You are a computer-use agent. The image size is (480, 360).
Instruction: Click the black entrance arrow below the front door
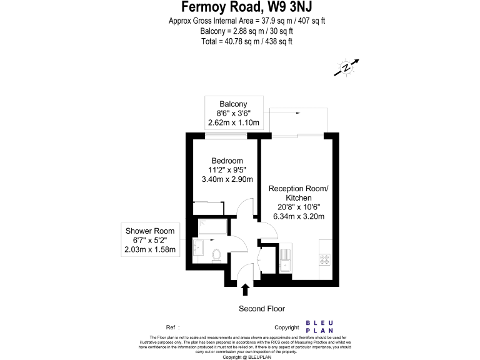(245, 289)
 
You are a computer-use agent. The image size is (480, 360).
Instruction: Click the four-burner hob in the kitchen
(325, 258)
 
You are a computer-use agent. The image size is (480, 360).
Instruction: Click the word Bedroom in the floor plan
(227, 161)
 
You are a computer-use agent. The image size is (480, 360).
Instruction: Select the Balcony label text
(232, 104)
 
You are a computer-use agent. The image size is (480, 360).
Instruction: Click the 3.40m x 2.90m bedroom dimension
(227, 179)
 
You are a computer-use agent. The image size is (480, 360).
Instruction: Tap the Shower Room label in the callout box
(150, 231)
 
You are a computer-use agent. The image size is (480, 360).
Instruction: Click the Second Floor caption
(262, 309)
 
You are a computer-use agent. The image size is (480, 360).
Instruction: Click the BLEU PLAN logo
(319, 326)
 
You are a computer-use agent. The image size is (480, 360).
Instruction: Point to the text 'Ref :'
(172, 327)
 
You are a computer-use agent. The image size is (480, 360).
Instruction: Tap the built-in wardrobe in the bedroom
(209, 208)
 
